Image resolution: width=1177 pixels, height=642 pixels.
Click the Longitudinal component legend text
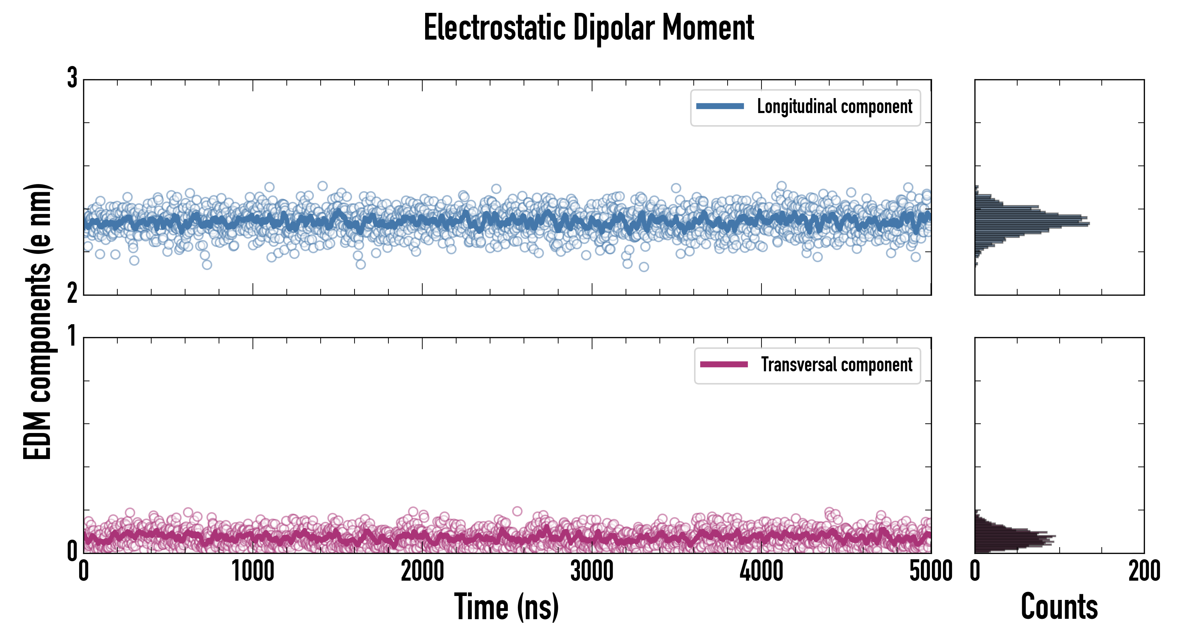coord(834,107)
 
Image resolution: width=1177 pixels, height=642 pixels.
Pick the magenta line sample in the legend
coord(724,365)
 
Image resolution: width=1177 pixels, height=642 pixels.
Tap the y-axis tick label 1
coord(72,337)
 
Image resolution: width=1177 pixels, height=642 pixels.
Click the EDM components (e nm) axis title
coord(37,322)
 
